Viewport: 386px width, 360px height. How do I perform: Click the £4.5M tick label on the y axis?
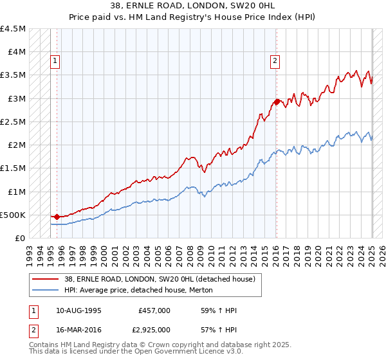[14, 29]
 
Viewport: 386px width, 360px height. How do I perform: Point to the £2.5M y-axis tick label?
[14, 122]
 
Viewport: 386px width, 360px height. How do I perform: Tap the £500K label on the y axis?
[14, 215]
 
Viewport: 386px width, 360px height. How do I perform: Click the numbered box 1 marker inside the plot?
[55, 62]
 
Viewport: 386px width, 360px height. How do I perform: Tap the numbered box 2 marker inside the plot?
[275, 62]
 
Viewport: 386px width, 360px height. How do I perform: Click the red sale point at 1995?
[57, 217]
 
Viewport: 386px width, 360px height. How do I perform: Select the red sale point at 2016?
[277, 102]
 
